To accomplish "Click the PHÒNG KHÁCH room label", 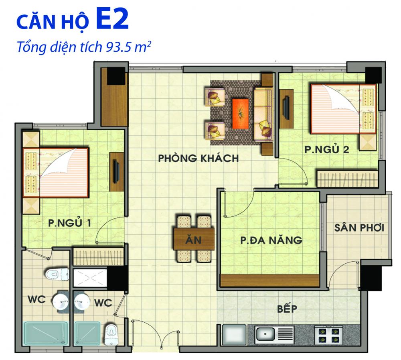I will tap(198, 158).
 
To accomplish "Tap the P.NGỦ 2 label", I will tap(326, 150).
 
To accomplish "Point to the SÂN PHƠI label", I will tap(359, 228).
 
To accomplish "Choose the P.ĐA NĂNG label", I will tap(271, 240).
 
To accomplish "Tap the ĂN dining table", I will tap(194, 240).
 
